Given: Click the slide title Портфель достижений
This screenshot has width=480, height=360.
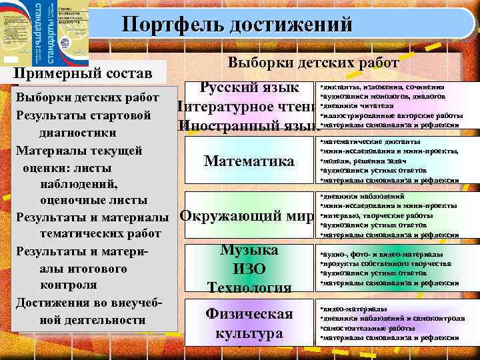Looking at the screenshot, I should click(x=237, y=25).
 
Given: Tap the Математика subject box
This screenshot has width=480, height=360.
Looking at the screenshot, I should click(x=249, y=161).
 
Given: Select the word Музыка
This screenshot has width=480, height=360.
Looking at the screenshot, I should click(x=249, y=250).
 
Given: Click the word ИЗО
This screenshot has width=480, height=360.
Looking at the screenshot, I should click(x=249, y=269).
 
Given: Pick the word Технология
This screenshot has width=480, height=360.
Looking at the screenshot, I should click(x=249, y=287).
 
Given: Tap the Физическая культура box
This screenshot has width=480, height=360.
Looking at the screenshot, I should click(x=249, y=323).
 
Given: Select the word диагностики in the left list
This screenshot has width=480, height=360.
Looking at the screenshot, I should click(x=69, y=132).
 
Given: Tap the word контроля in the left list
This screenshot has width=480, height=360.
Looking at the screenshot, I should click(x=69, y=285).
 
